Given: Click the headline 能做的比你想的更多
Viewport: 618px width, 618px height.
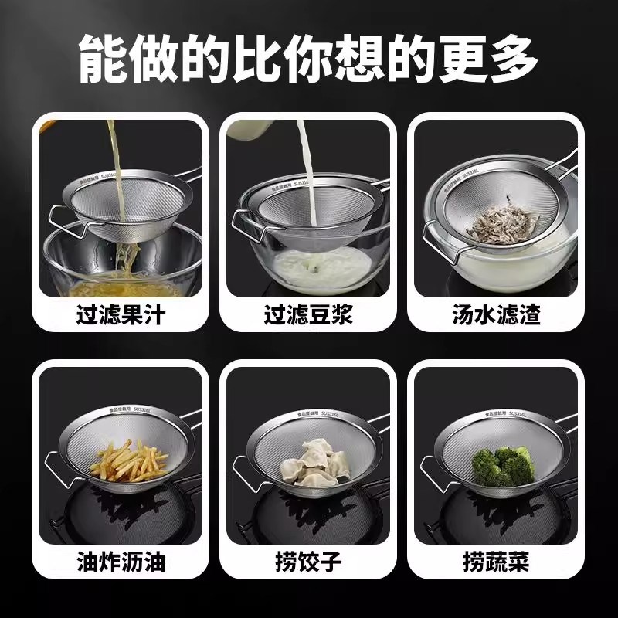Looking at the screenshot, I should click(x=309, y=52).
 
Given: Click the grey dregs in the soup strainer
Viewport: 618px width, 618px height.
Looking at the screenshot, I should click(x=501, y=220).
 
